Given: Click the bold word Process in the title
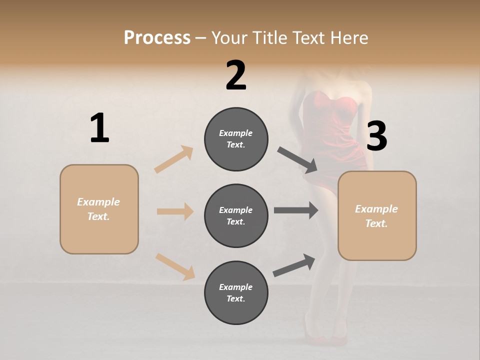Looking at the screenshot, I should coord(157,37).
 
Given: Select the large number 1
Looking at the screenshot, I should coord(99,128).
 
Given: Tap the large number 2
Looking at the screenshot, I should coord(236,75).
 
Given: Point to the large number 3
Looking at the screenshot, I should coord(376,136).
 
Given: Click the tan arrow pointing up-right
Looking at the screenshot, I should coord(174,159).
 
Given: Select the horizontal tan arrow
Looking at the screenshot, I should coord(175,211).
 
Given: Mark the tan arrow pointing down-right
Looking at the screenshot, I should coord(175,266).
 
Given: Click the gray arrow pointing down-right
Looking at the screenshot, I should coord(297,160).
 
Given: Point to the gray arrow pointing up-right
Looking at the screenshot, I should coord(294,265).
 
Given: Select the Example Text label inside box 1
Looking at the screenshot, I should coord(98,209).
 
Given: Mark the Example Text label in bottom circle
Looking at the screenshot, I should coord(236,292).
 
